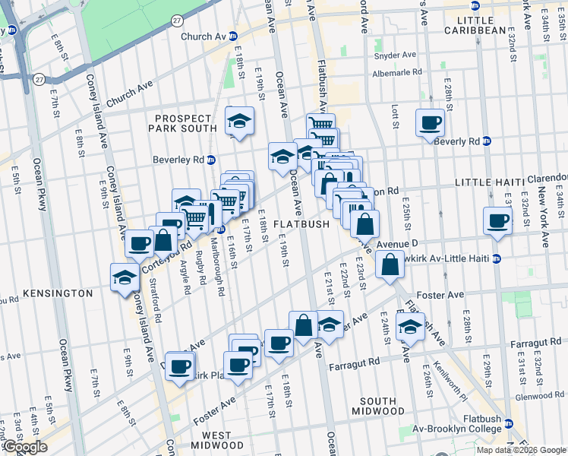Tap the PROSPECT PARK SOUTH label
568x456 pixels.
[186, 125]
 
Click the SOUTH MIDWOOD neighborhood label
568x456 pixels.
[377, 407]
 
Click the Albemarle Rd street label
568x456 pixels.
[396, 73]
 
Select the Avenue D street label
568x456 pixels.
[397, 243]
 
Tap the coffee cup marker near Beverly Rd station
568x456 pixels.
[430, 122]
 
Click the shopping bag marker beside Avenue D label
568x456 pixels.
[390, 265]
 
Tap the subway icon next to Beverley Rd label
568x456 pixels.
[212, 160]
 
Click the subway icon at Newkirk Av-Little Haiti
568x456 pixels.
[497, 258]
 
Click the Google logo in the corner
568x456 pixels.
[25, 447]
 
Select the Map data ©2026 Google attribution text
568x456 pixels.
[520, 450]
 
